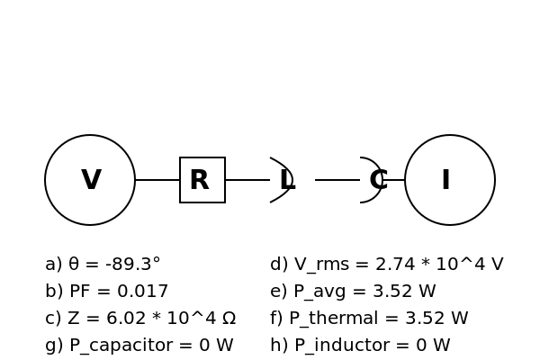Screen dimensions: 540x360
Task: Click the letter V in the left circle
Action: pyautogui.click(x=91, y=179)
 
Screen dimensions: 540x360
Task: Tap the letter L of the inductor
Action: pyautogui.click(x=288, y=179)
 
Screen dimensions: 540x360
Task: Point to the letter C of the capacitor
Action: pyautogui.click(x=379, y=179)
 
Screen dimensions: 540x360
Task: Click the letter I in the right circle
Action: pyautogui.click(x=446, y=179)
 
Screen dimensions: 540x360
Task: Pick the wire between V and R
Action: pyautogui.click(x=157, y=180)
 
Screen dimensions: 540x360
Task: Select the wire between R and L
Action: pyautogui.click(x=247, y=180)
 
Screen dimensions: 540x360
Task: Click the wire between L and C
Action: pyautogui.click(x=337, y=180)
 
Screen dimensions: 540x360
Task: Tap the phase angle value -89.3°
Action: pyautogui.click(x=133, y=265)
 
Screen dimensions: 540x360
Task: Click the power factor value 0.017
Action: pyautogui.click(x=142, y=291)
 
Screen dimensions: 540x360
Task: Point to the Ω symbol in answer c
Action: pyautogui.click(x=229, y=318)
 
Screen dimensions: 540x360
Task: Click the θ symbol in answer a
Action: pyautogui.click(x=74, y=265)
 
